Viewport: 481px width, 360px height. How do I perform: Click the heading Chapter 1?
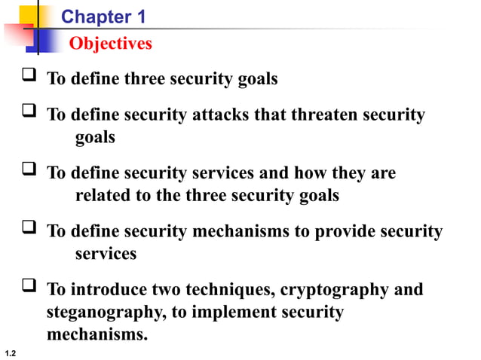tap(103, 16)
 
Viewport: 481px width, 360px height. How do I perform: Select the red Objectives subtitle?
tap(110, 44)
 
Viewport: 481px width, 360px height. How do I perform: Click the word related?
tap(104, 196)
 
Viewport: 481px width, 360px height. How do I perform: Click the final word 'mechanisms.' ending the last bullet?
tap(97, 334)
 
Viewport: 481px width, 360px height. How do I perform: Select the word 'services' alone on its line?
tap(106, 254)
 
